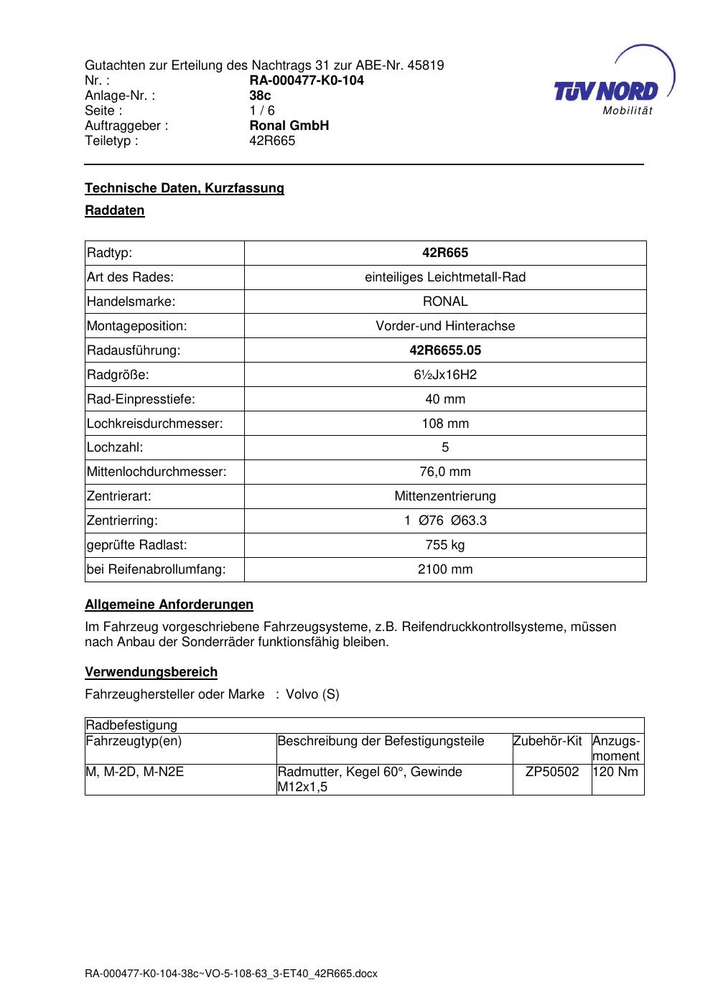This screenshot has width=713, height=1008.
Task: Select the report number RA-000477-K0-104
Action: [x=307, y=80]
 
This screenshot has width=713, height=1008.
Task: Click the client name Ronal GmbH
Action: [x=289, y=126]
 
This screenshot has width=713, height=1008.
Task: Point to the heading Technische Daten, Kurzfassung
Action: [x=185, y=188]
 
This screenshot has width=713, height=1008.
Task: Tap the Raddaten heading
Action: [x=115, y=210]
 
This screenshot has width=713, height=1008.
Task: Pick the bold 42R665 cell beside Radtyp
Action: [x=445, y=253]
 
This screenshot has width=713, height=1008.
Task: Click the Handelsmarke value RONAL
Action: [x=445, y=302]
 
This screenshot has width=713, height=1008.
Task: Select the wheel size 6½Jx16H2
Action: [x=445, y=375]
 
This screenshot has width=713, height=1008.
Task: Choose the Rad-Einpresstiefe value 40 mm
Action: [x=445, y=399]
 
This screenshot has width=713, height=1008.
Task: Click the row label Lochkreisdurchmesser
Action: [x=155, y=424]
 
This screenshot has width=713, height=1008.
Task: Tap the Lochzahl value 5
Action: [x=445, y=447]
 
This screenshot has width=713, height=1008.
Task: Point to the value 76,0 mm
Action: [x=445, y=472]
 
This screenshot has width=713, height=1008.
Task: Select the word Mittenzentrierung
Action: [x=445, y=496]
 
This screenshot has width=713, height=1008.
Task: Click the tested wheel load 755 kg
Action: [x=445, y=545]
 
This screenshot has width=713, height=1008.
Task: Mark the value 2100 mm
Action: [x=445, y=569]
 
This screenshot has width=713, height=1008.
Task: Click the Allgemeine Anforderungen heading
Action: [x=169, y=605]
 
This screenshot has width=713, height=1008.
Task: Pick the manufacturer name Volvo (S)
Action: [x=312, y=694]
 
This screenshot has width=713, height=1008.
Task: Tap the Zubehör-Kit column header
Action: [x=547, y=741]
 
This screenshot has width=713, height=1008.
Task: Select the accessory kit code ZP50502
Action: [x=552, y=772]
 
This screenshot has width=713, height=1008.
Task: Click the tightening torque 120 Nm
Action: [x=616, y=772]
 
